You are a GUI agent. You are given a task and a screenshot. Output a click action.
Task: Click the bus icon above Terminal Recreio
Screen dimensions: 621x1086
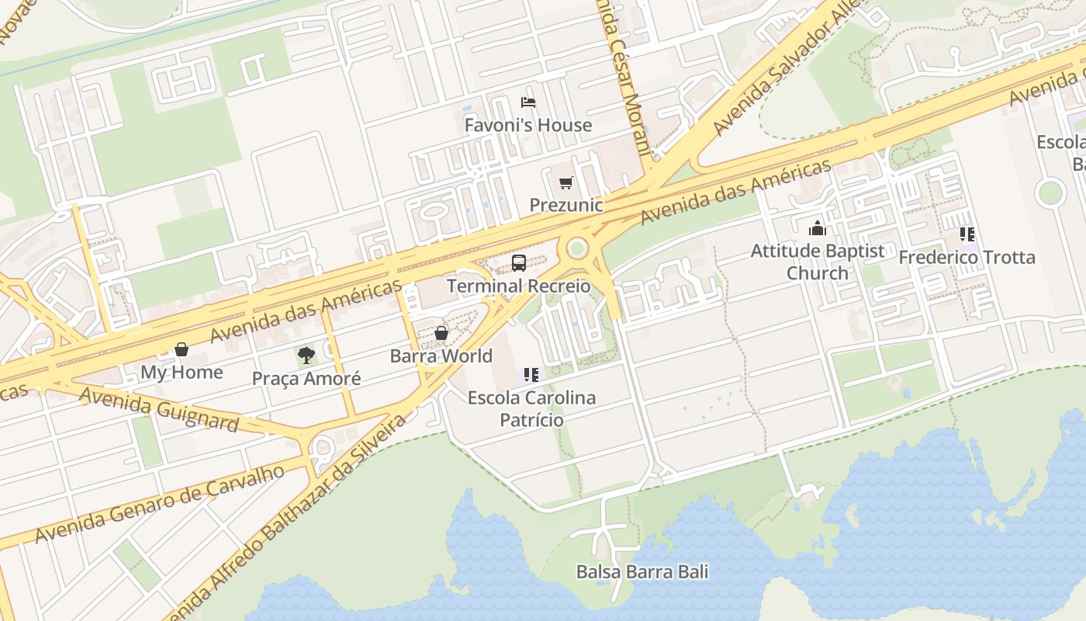pos(519,263)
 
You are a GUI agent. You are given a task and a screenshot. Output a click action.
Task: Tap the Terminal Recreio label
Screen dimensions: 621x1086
pos(518,286)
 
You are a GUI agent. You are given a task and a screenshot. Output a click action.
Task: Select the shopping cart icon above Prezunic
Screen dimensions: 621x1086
pos(566,183)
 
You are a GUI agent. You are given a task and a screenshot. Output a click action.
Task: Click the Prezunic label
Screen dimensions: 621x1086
pos(566,205)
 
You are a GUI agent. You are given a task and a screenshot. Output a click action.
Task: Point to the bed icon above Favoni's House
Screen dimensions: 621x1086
pos(528,102)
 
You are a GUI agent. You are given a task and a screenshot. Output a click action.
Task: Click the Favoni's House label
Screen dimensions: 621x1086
pos(528,125)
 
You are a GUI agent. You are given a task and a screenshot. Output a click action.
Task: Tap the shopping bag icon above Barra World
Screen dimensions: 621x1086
pos(441,333)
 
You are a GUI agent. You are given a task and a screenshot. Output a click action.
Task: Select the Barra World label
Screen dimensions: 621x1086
pos(441,356)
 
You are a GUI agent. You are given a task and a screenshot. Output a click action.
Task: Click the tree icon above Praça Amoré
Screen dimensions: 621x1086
pos(306,356)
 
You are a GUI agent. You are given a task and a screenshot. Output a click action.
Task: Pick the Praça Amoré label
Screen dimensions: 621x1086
pos(306,378)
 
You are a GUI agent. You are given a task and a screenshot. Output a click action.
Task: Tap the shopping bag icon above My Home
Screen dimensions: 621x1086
pos(182,349)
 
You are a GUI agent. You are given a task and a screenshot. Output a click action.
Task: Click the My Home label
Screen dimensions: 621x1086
pos(182,372)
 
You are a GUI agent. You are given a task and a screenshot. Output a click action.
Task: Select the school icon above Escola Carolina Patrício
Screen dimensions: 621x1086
pos(531,375)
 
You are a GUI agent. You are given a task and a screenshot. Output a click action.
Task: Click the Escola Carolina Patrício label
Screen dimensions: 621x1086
pos(531,408)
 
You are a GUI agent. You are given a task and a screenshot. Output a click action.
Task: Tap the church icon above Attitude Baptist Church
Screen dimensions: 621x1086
pos(818,228)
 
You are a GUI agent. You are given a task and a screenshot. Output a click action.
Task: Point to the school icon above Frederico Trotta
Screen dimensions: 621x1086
pos(967,234)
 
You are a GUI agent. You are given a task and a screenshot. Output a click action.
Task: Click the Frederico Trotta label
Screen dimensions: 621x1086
pos(967,257)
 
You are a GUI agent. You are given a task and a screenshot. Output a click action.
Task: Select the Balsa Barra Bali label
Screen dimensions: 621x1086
pos(642,572)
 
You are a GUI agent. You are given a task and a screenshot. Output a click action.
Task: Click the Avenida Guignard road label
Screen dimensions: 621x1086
pos(159,408)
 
